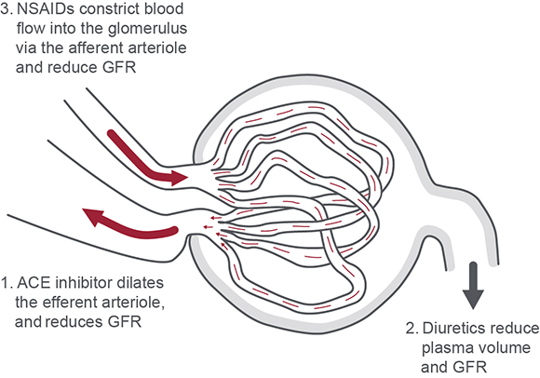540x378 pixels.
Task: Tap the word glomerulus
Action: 147,28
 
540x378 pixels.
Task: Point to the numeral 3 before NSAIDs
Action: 5,9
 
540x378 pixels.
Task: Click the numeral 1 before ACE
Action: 5,283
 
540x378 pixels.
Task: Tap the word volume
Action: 503,347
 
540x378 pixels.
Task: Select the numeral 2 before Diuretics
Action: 411,329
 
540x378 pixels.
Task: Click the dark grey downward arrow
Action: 473,286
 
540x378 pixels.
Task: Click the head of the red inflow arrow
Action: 179,178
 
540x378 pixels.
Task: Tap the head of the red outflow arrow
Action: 92,216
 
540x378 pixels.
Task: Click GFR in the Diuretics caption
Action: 471,368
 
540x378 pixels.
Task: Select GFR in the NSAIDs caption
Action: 119,67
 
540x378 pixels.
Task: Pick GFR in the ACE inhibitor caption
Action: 125,322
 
